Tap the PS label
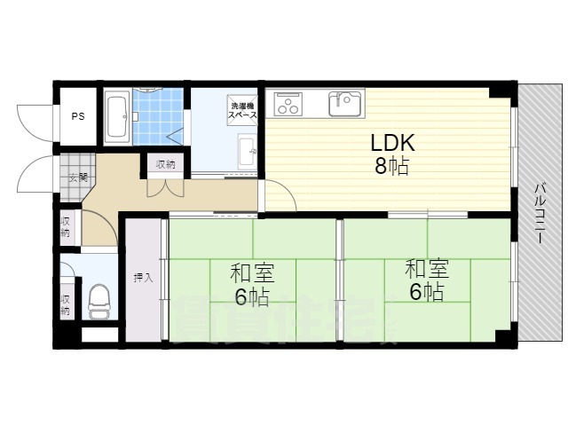(x=78, y=115)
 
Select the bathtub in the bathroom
(x=117, y=115)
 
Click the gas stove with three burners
(x=288, y=105)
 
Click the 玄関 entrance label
(x=76, y=177)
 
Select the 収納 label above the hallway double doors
(x=166, y=164)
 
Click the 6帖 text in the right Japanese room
(x=426, y=291)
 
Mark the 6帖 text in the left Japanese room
(x=252, y=296)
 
